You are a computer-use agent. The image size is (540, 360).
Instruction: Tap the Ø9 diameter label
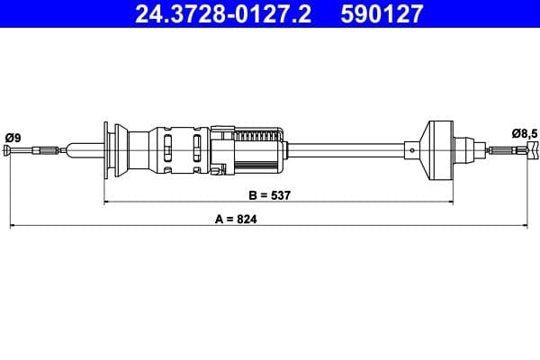pyautogui.click(x=12, y=137)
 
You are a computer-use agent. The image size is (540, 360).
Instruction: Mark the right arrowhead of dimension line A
pyautogui.click(x=533, y=227)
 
